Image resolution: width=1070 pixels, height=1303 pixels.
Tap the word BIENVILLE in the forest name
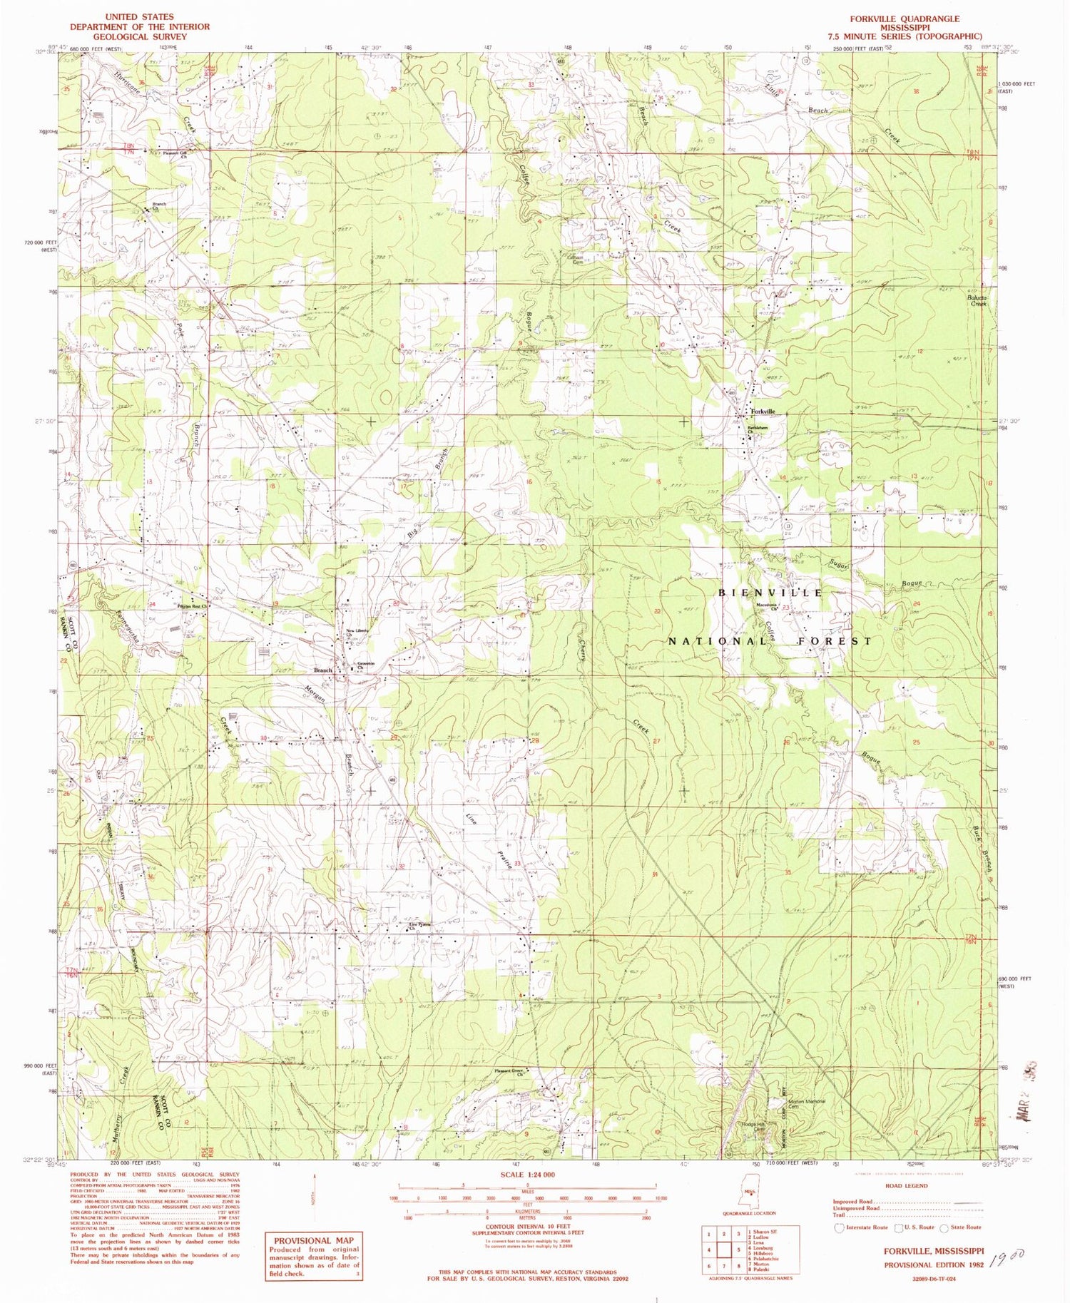770,593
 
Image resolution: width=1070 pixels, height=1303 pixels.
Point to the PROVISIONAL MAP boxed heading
311,1240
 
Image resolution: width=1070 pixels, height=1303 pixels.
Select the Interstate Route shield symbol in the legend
840,1227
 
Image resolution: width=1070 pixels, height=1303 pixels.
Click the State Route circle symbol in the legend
944,1227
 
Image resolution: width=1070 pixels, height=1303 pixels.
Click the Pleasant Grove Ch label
511,1073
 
